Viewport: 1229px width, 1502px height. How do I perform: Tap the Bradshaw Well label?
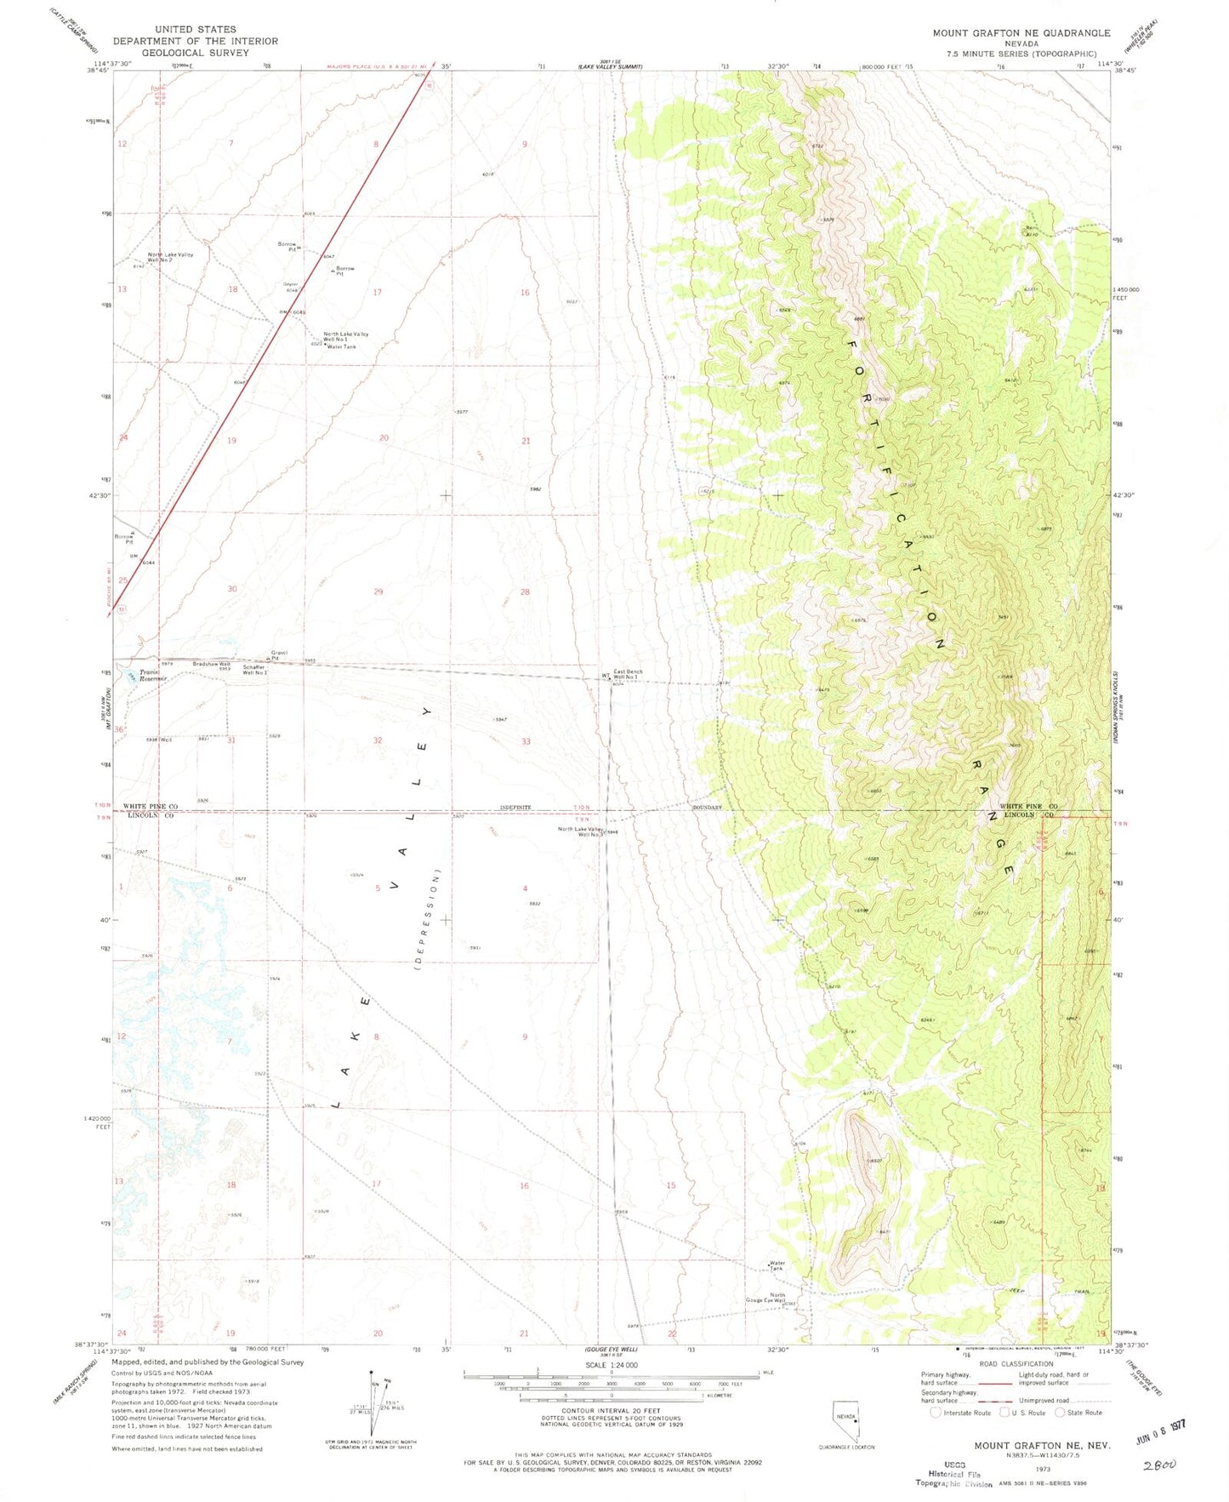pyautogui.click(x=211, y=664)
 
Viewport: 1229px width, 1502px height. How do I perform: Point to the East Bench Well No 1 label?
pyautogui.click(x=628, y=674)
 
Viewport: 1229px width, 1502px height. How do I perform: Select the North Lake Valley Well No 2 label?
pyautogui.click(x=171, y=257)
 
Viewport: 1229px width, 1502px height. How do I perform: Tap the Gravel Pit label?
pyautogui.click(x=279, y=654)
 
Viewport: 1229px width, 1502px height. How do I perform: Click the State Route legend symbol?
pyautogui.click(x=1060, y=1413)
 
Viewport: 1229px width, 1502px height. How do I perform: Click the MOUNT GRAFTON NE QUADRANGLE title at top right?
pyautogui.click(x=1021, y=32)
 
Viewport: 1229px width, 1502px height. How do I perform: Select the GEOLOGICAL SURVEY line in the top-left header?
pyautogui.click(x=195, y=53)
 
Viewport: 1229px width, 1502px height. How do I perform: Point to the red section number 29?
pyautogui.click(x=378, y=591)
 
